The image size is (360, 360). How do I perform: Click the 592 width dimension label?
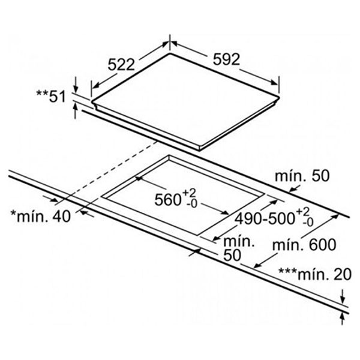227,59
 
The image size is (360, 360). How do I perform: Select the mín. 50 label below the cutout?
237,247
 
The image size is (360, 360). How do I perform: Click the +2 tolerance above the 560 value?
189,192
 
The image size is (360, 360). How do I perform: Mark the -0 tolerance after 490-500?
308,223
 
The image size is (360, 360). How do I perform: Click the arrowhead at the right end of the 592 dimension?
277,82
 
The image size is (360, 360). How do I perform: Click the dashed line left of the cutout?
108,171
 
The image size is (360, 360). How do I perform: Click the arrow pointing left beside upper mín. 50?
293,190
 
